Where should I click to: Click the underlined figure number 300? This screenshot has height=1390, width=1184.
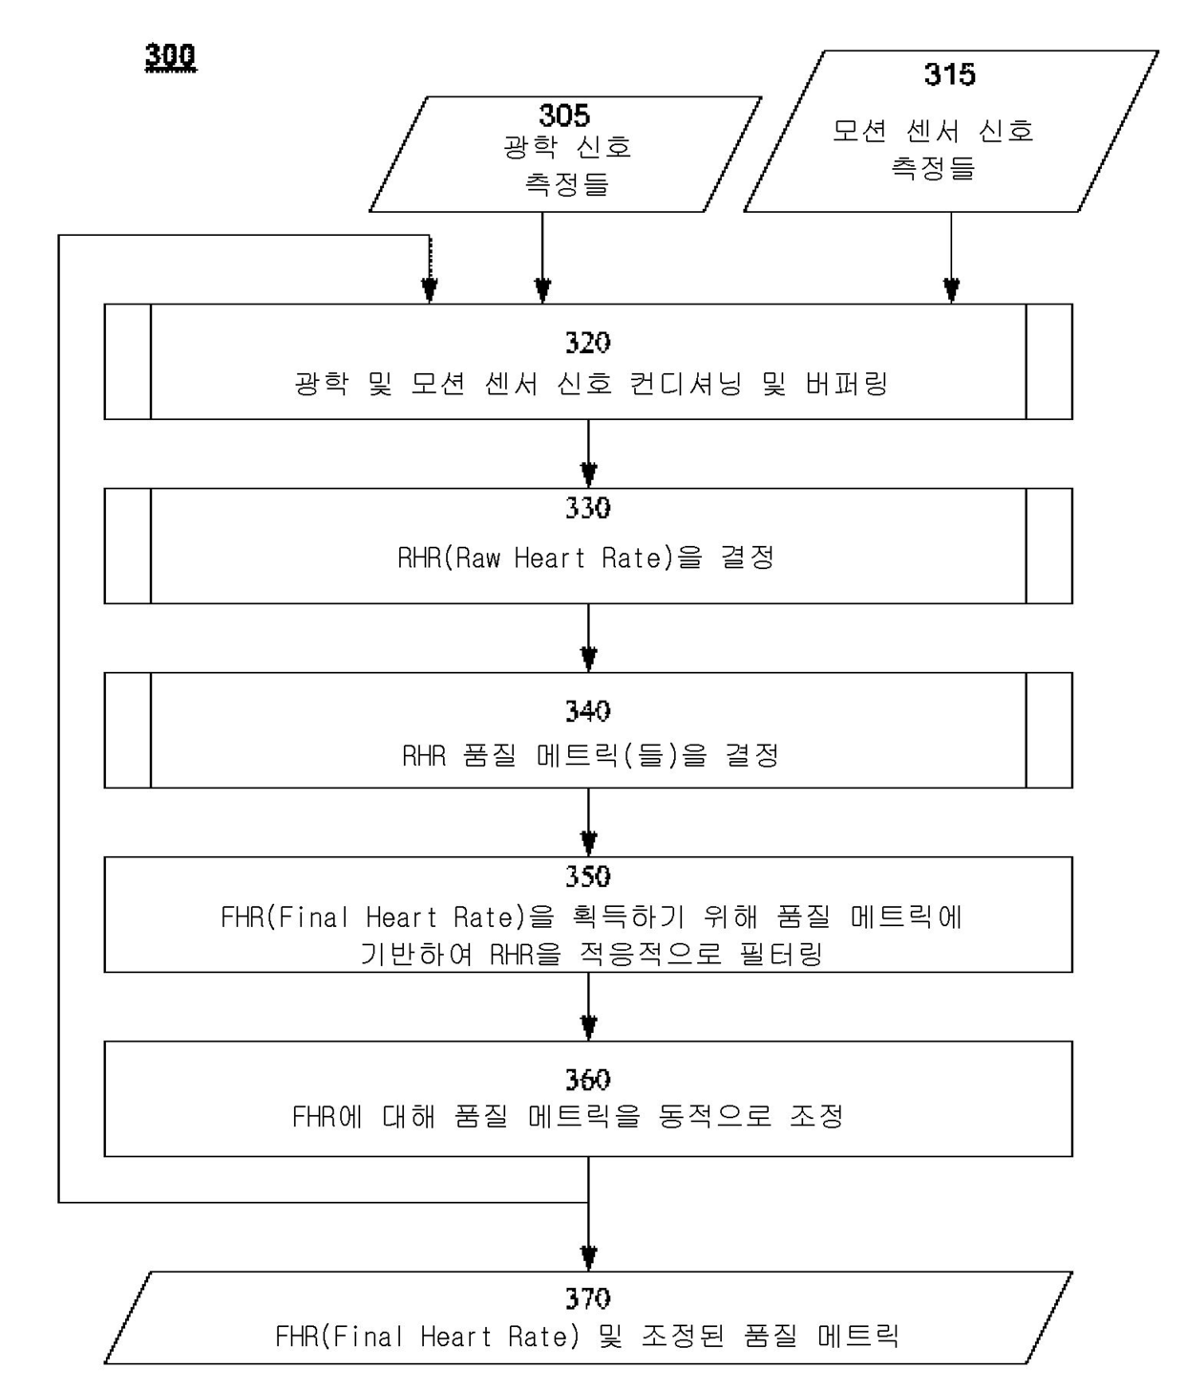[170, 57]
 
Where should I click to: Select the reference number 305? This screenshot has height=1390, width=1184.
[564, 116]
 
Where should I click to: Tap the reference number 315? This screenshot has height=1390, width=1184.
[949, 74]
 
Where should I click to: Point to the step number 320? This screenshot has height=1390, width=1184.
[587, 343]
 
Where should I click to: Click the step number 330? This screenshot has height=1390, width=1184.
[587, 508]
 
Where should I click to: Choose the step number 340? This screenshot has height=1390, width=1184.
[587, 711]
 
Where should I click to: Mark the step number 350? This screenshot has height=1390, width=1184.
[587, 876]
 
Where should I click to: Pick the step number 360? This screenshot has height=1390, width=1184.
[587, 1080]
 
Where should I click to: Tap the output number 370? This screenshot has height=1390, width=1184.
[587, 1298]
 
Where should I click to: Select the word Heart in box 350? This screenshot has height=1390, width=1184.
[400, 917]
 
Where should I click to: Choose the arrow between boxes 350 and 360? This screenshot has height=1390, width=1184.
[588, 1008]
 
